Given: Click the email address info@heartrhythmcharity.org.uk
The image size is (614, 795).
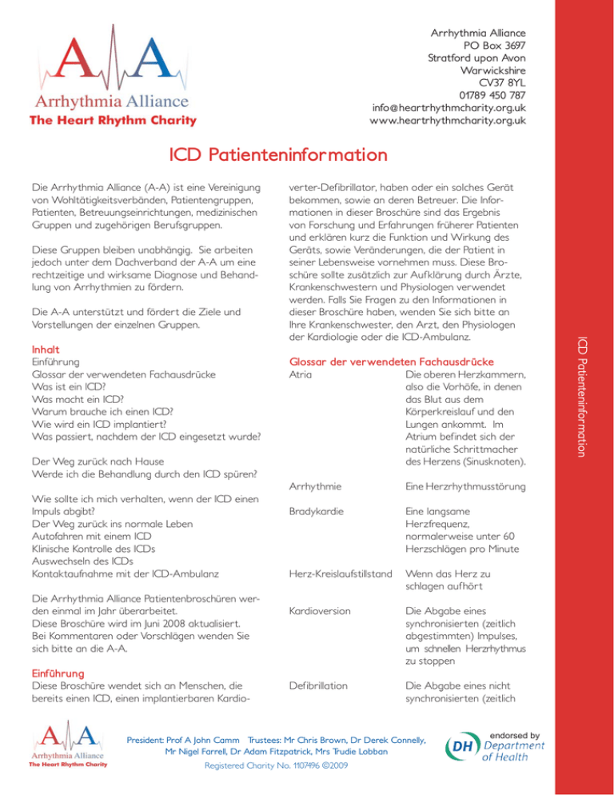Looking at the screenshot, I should tap(449, 107).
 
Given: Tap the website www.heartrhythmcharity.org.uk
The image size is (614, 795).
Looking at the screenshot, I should tap(448, 121).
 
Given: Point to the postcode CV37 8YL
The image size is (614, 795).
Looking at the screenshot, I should tap(501, 80).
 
